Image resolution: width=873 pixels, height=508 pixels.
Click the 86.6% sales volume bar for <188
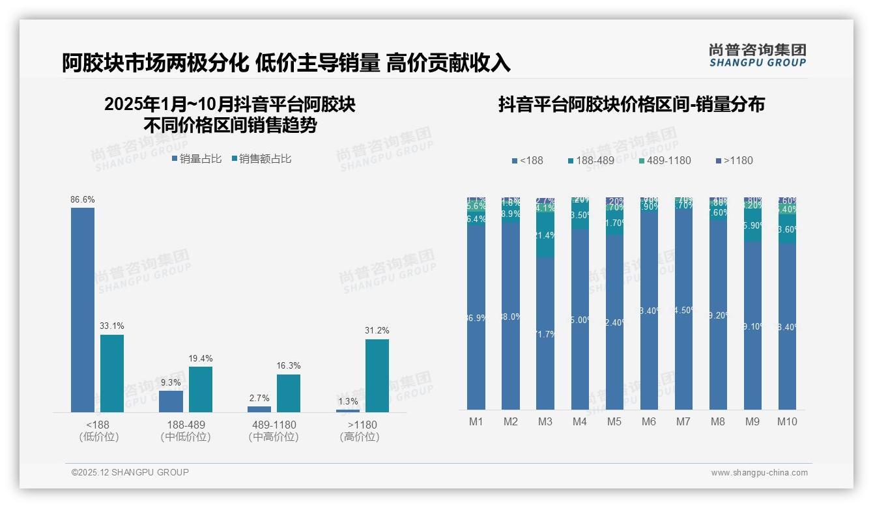tap(83, 309)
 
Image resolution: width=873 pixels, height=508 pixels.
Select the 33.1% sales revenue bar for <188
tap(111, 373)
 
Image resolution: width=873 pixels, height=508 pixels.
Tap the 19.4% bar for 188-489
tap(201, 389)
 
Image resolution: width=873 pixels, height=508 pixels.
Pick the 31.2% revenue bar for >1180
tap(377, 375)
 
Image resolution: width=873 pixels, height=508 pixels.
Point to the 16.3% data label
tap(289, 366)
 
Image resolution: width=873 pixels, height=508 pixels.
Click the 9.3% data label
tap(171, 382)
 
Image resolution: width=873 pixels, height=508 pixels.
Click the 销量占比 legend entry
tap(197, 159)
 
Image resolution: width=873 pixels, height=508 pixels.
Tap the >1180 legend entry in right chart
tap(734, 161)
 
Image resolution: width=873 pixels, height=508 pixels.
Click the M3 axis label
tap(545, 422)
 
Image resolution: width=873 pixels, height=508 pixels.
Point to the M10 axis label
tap(787, 422)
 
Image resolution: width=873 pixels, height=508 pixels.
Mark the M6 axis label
tap(649, 422)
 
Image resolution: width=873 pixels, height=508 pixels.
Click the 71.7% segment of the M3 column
tap(545, 333)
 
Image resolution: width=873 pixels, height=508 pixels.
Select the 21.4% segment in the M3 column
tap(545, 235)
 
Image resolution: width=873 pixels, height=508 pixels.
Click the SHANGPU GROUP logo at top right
tap(758, 55)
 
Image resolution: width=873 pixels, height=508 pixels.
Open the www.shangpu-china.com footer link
tap(759, 473)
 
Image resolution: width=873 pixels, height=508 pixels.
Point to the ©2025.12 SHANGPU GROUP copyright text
tap(130, 472)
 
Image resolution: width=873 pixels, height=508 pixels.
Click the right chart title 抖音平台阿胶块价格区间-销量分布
tap(631, 105)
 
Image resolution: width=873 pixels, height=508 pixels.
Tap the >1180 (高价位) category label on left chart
tap(359, 431)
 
